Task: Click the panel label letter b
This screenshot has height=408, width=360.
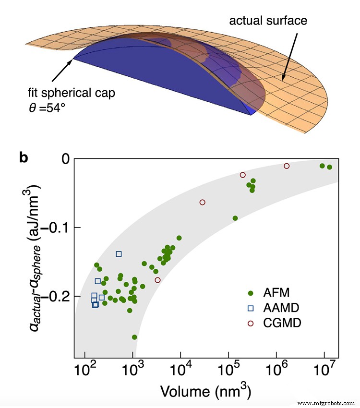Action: click(24, 157)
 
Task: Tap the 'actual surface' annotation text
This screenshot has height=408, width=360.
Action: click(268, 21)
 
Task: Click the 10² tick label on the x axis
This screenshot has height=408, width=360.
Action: click(85, 370)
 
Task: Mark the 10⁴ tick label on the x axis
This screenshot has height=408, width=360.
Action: click(180, 370)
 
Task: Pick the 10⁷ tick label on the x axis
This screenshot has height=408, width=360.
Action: click(324, 370)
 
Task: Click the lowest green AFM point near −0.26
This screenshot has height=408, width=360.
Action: click(134, 337)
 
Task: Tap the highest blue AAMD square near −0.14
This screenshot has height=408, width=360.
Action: click(119, 253)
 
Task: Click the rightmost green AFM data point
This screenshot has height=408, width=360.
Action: click(329, 167)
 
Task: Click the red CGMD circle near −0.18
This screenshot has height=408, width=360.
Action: click(157, 280)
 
